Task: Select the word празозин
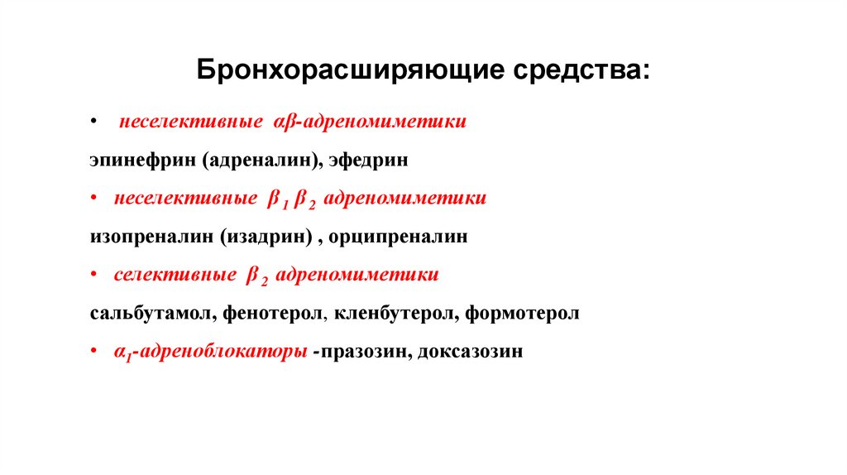pos(364,352)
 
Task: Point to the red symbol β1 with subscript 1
pos(275,199)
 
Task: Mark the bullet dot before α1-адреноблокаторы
pos(95,352)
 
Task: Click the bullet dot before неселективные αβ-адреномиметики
pos(95,122)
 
